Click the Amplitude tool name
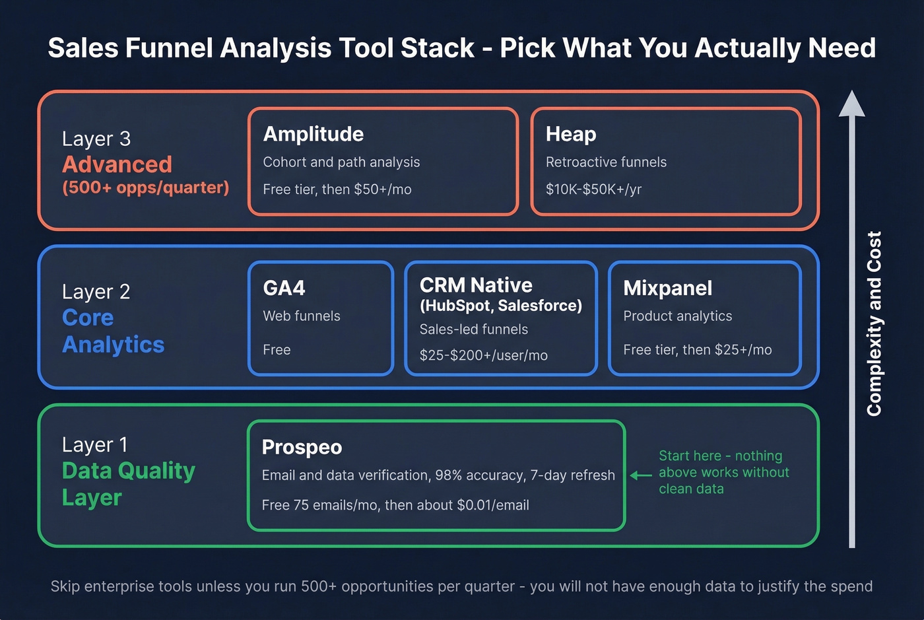coord(313,134)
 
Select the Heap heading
coord(570,134)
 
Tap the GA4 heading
coord(284,288)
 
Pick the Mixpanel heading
coord(667,288)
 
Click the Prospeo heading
coord(302,447)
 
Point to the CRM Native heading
coord(476,285)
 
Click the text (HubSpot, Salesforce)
coord(501,306)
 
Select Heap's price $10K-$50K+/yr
coord(593,189)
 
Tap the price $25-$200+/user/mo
coord(483,355)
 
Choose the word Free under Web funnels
coord(277,350)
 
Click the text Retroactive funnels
coord(606,162)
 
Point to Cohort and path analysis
coord(341,162)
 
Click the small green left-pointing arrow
coord(640,475)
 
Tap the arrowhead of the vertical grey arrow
coord(851,104)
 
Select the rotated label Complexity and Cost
coord(874,324)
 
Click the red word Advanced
coord(117,164)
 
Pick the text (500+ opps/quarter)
coord(145,188)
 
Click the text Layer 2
coord(96,292)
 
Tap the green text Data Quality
coord(129,471)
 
